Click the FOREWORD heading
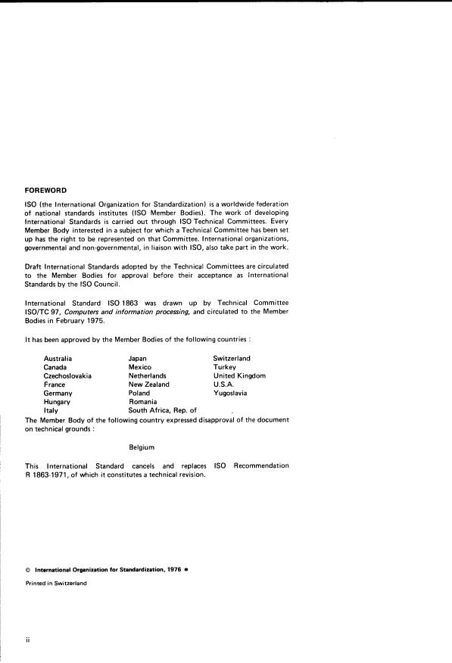(x=46, y=191)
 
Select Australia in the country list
(x=58, y=358)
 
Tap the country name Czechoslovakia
(x=68, y=375)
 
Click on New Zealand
(x=149, y=384)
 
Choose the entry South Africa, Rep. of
(x=157, y=410)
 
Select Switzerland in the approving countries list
(x=232, y=358)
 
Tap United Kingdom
(x=239, y=375)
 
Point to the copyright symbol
(x=27, y=569)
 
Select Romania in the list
(x=143, y=402)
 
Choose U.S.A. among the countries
(x=224, y=384)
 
